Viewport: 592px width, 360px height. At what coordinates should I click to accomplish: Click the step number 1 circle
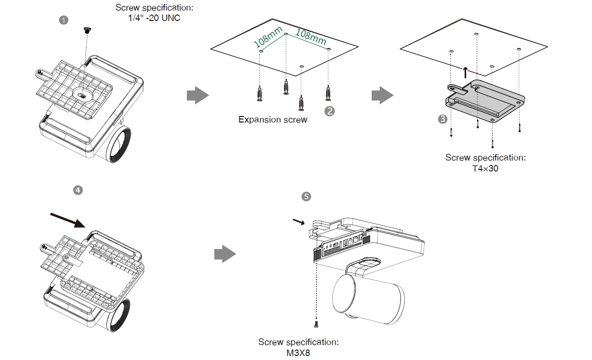[x=63, y=20]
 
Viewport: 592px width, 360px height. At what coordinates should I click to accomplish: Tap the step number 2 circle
[x=329, y=111]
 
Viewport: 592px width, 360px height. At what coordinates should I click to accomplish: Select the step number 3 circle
[x=442, y=119]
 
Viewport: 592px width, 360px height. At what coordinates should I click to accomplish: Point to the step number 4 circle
[x=77, y=190]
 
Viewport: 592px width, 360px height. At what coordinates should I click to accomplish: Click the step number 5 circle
[x=307, y=196]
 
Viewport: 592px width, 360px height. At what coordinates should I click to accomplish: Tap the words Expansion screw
[x=273, y=120]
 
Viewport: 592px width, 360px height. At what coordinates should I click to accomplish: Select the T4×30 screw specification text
[x=485, y=168]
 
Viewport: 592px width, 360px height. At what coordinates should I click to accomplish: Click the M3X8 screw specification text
[x=298, y=352]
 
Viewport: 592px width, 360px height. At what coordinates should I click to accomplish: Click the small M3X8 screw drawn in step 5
[x=317, y=324]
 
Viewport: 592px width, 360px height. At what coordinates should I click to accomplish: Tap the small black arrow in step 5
[x=298, y=221]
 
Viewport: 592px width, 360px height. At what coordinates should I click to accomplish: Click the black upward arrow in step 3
[x=466, y=72]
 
